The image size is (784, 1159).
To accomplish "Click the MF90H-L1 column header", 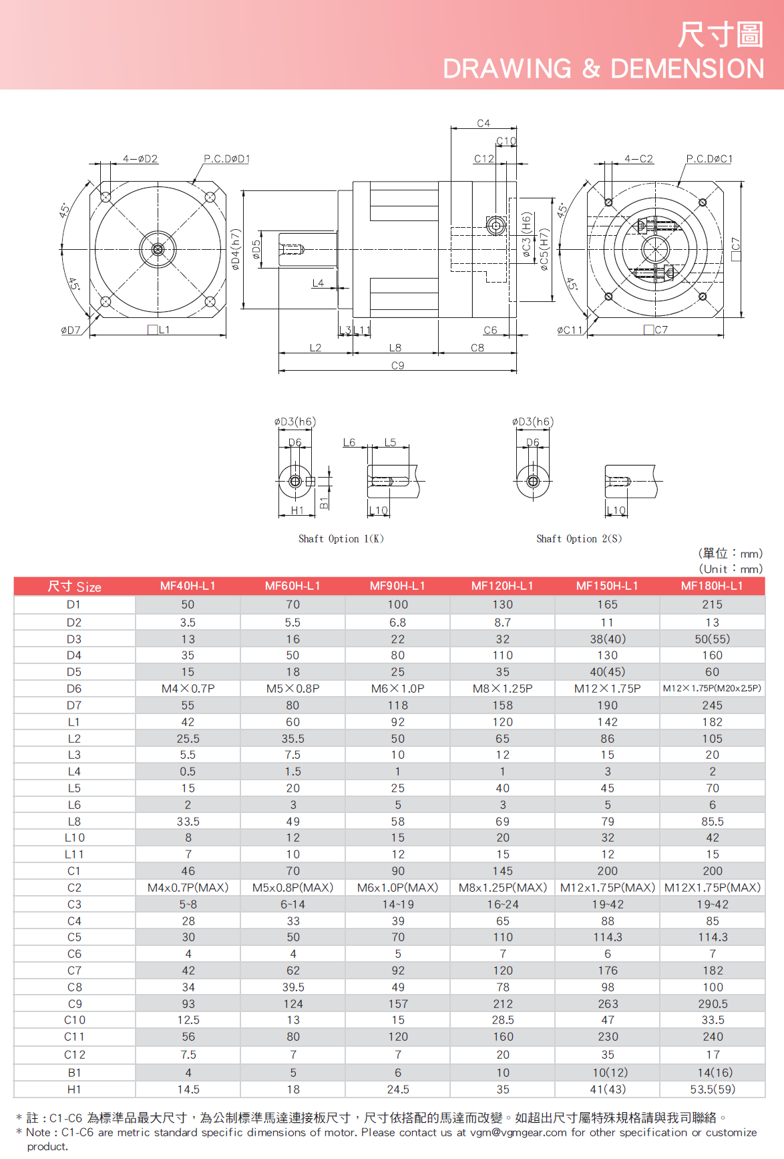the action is coord(397,586).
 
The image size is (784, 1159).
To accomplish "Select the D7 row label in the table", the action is coord(74,705).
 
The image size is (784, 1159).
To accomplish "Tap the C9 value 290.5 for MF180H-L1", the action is coord(713,1004).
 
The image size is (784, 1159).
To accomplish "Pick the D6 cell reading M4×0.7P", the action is coord(188,689).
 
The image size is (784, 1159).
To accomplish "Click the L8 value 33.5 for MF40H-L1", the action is coord(188,822).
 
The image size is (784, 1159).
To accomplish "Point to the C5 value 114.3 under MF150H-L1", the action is coord(608,937).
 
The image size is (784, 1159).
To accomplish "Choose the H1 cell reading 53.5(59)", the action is coord(713,1090).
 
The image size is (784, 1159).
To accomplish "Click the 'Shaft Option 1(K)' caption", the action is coord(341,539).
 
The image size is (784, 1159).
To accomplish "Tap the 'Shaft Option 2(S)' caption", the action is coord(579,539).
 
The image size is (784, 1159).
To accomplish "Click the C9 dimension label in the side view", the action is coord(397,366).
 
